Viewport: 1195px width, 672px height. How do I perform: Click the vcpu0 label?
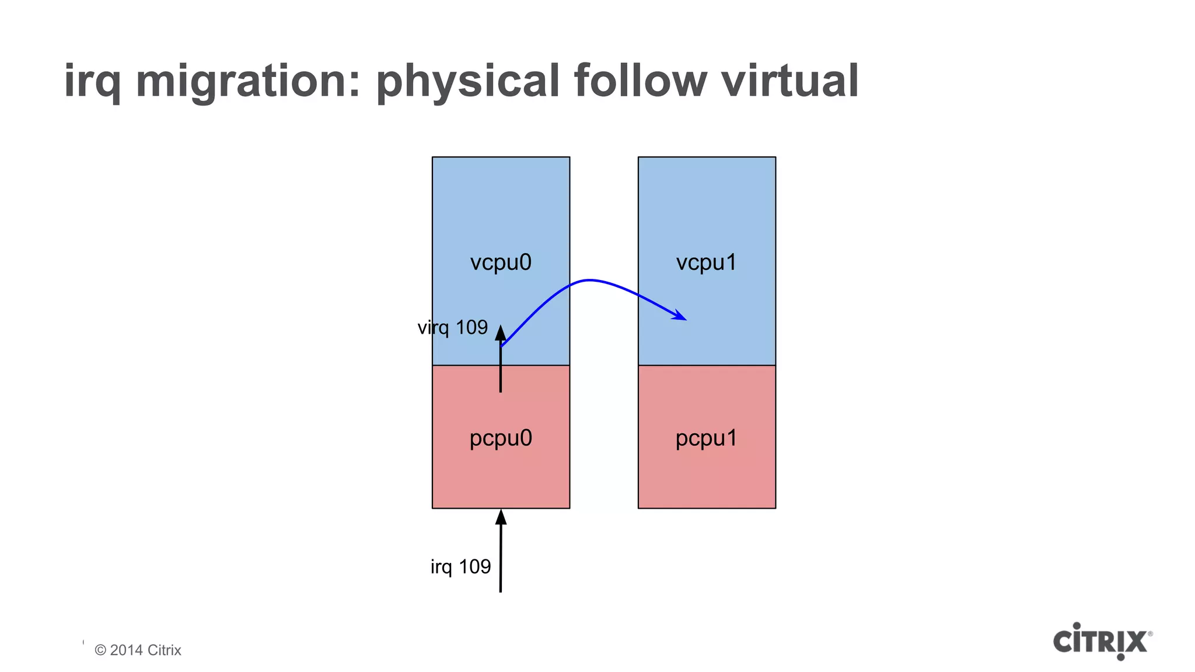pos(501,262)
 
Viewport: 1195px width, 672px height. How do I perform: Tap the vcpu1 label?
pos(706,262)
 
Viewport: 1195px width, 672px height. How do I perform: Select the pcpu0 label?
pos(501,438)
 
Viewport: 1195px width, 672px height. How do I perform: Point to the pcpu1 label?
pos(706,438)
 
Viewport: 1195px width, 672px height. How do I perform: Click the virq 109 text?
pos(452,327)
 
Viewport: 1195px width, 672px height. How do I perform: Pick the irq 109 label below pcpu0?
pos(460,566)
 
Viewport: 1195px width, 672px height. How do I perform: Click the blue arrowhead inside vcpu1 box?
pos(680,316)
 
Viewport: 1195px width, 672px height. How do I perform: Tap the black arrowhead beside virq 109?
pos(501,333)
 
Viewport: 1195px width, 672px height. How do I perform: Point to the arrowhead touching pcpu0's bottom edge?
pos(501,517)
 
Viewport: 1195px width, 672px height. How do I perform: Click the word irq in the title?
pos(92,82)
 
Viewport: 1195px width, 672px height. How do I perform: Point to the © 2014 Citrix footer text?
pos(138,650)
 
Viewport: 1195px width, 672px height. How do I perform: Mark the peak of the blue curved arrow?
pos(589,281)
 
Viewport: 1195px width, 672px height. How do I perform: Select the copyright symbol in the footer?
pos(100,650)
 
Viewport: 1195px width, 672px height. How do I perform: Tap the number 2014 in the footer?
pos(126,650)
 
